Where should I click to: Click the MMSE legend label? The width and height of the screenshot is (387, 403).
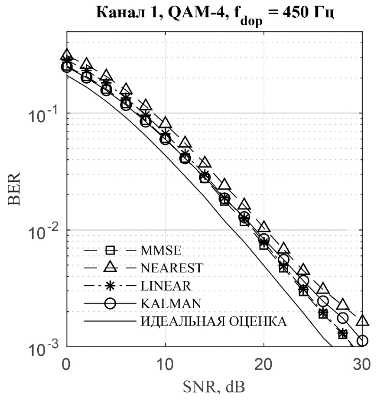pos(162,250)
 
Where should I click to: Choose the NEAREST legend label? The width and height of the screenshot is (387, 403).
pos(171,268)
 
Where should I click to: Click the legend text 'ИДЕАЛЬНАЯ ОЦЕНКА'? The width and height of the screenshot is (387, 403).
pos(213,322)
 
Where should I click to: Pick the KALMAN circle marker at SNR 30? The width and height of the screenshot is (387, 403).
pos(362,341)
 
